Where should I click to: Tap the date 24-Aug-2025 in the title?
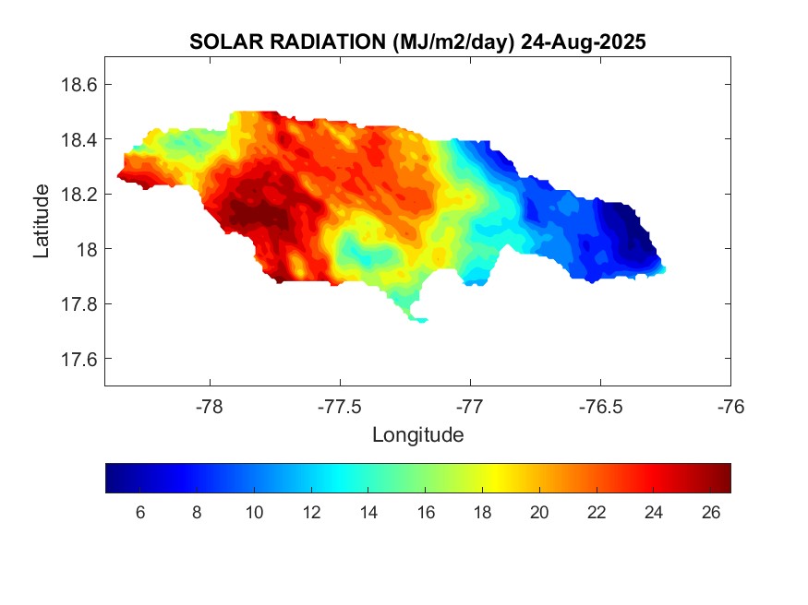[583, 42]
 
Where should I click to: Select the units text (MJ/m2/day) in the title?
[453, 42]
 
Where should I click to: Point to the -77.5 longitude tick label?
[341, 406]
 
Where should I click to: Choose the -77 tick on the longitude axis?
[470, 406]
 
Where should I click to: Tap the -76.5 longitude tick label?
[600, 406]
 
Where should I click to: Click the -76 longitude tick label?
[730, 406]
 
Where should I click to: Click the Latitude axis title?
[42, 220]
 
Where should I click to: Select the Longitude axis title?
[417, 434]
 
